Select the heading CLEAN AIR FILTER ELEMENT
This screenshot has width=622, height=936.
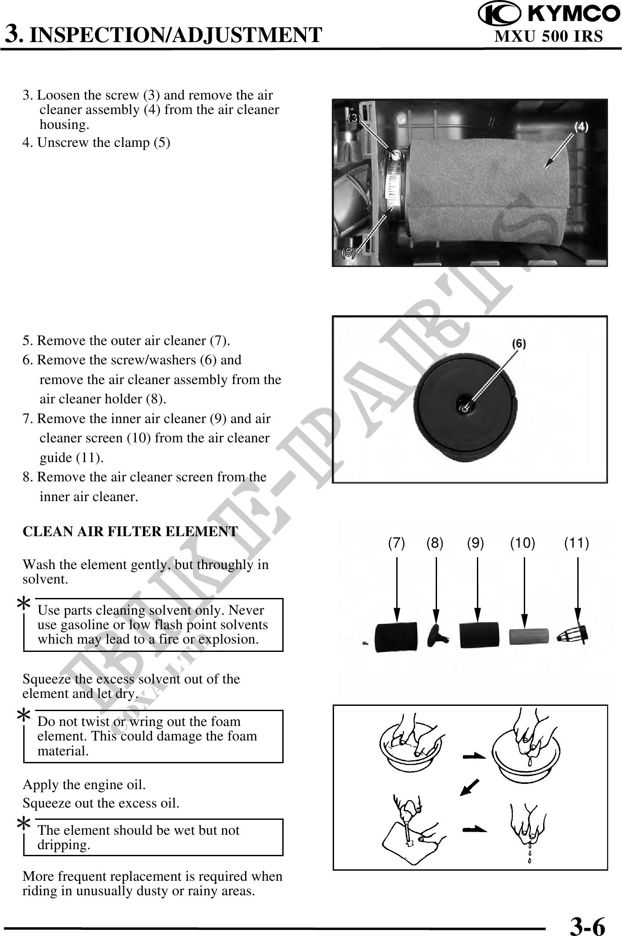point(130,531)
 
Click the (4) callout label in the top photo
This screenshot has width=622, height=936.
point(581,127)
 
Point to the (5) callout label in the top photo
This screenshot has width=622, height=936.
point(348,253)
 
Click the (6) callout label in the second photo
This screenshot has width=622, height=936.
point(519,344)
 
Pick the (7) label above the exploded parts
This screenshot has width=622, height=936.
point(396,543)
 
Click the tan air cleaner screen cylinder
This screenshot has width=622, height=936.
point(529,636)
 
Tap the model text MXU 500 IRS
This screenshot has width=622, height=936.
point(549,36)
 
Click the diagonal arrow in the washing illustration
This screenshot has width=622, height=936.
point(469,787)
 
